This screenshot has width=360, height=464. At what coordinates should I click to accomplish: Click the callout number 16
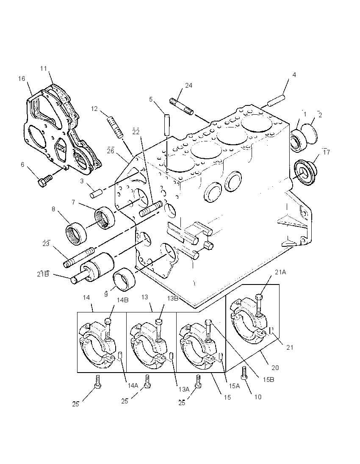point(22,79)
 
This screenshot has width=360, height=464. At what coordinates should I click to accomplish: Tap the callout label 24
point(188,86)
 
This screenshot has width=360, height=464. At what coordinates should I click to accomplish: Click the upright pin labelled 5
point(167,125)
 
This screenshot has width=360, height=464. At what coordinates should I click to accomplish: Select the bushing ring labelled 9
point(125,280)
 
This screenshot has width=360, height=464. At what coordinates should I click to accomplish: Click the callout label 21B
point(43,274)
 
